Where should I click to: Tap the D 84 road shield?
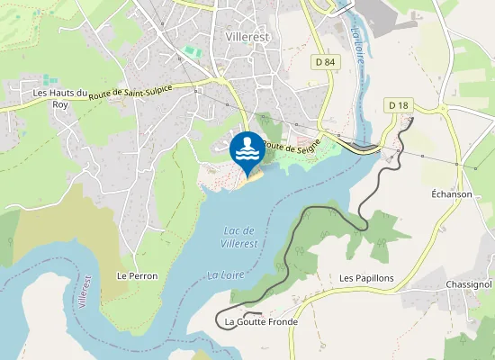click(x=325, y=61)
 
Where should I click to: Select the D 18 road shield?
click(x=398, y=105)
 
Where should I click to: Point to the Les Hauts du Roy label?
click(x=60, y=98)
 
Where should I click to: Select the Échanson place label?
click(x=452, y=193)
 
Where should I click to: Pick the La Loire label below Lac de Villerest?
click(x=224, y=274)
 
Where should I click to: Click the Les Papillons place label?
click(x=366, y=278)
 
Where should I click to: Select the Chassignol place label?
click(x=468, y=284)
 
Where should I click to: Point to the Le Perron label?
click(x=137, y=275)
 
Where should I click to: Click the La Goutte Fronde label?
click(x=261, y=321)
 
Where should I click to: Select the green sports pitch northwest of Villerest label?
click(x=190, y=51)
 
